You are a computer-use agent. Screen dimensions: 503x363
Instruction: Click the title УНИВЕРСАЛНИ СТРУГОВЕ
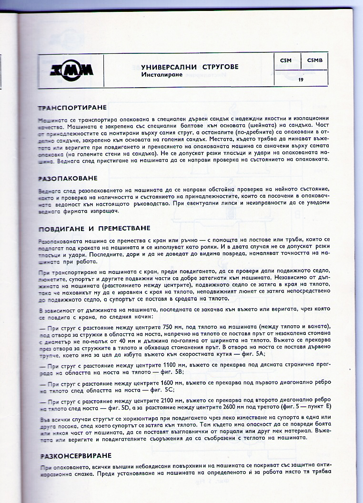tap(190, 67)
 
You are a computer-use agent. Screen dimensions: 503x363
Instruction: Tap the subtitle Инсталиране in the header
tap(162, 75)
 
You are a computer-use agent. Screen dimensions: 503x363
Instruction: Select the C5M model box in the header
tap(286, 60)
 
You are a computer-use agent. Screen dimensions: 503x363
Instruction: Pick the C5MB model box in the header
tap(314, 60)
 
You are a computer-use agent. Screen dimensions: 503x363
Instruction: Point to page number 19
tap(301, 80)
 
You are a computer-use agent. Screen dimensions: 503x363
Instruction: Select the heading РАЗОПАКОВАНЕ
tap(68, 178)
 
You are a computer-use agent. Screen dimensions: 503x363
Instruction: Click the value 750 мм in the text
tap(172, 328)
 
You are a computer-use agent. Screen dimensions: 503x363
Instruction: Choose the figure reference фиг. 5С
tap(161, 390)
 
